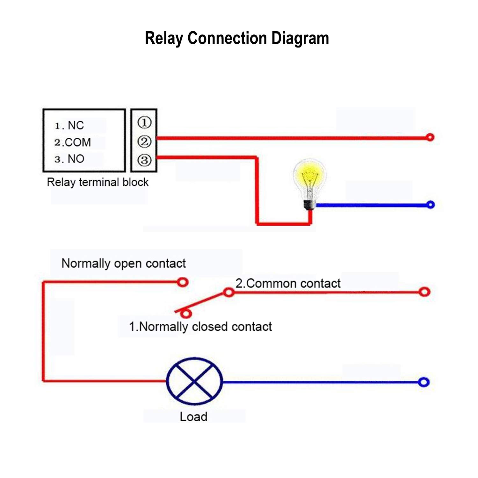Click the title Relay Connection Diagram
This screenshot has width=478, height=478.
(x=237, y=39)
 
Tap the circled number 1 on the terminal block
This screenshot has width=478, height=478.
(x=144, y=122)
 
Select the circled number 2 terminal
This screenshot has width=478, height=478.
(x=144, y=141)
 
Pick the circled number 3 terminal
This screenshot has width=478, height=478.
(x=144, y=160)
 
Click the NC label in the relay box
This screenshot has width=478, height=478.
(x=76, y=126)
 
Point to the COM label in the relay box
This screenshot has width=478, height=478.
(x=78, y=142)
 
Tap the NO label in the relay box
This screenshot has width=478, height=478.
(x=76, y=159)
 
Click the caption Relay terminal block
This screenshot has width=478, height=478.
(x=98, y=182)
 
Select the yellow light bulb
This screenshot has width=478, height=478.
(x=309, y=185)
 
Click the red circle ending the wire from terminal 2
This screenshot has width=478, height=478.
(x=430, y=137)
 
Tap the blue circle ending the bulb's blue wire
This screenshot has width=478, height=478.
(x=430, y=205)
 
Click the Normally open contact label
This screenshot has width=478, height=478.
(x=123, y=264)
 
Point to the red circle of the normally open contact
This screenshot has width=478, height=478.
(x=183, y=282)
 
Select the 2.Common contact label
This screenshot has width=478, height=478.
(x=288, y=283)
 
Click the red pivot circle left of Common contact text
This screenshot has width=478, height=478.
(x=228, y=292)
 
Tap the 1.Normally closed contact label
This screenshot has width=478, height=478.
(x=200, y=327)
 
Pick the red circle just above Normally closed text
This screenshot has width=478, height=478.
(x=186, y=314)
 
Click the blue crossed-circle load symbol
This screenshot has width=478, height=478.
(x=194, y=381)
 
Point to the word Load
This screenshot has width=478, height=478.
(x=193, y=416)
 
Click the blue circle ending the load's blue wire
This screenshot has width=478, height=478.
(x=424, y=382)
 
